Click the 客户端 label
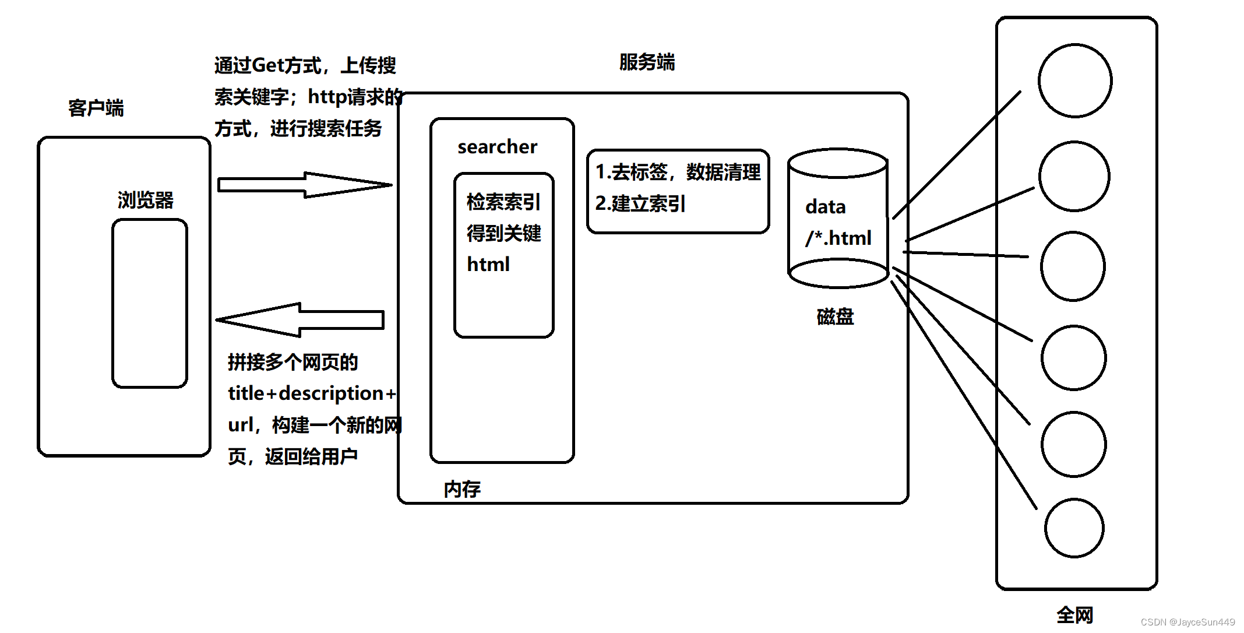[x=96, y=108]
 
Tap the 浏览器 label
[x=146, y=200]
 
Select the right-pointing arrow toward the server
[x=303, y=185]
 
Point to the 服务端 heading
[x=647, y=62]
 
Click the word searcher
[x=497, y=147]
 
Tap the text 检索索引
[x=503, y=202]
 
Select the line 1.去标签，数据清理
[x=678, y=172]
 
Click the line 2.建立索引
[x=640, y=203]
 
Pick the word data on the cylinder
[x=825, y=207]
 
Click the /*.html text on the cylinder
[x=838, y=238]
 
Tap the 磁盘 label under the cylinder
[x=835, y=316]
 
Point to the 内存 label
[x=462, y=489]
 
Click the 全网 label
[x=1074, y=615]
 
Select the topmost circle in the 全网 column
[x=1074, y=80]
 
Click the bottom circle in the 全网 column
[x=1074, y=527]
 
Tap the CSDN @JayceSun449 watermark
[x=1187, y=622]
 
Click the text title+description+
[x=312, y=393]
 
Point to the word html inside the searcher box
[x=488, y=265]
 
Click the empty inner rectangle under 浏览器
[x=150, y=303]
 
